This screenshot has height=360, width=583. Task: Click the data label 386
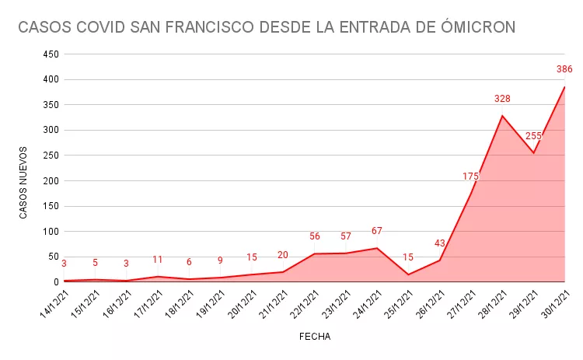564,70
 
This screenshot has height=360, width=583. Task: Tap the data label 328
502,99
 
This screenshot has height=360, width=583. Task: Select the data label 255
533,136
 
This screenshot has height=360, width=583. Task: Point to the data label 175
470,177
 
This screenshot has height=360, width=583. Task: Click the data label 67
377,231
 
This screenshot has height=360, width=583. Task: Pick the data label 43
439,243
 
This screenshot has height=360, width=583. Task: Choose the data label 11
158,260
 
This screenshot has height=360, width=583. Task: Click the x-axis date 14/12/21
53,304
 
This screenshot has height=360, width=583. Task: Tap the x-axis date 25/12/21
397,304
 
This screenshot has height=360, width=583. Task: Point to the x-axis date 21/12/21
272,304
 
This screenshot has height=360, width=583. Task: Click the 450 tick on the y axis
51,54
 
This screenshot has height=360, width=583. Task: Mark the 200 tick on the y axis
51,180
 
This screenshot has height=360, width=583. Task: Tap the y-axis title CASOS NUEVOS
23,182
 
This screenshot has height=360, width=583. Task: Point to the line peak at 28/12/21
502,116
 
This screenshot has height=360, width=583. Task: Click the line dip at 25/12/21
408,274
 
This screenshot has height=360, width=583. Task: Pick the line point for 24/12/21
377,248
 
